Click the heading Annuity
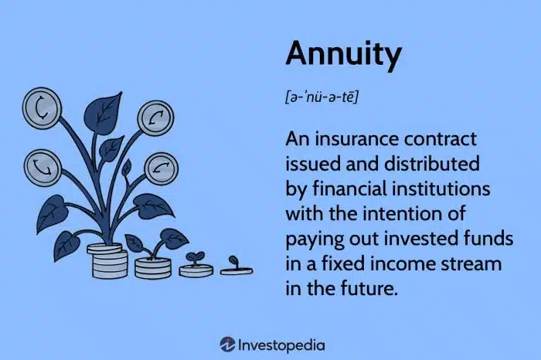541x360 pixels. pyautogui.click(x=343, y=55)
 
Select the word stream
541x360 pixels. pyautogui.click(x=472, y=264)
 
